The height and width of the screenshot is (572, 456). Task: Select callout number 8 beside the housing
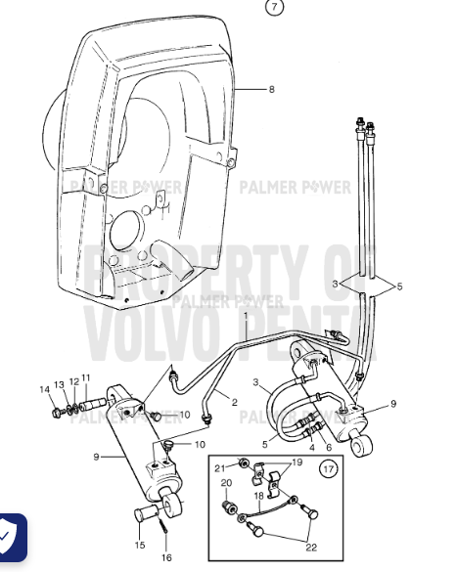271,89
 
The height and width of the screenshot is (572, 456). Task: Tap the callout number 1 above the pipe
245,318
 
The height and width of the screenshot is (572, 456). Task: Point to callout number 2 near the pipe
235,402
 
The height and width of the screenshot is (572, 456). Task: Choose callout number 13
60,383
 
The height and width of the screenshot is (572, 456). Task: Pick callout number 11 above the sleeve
86,378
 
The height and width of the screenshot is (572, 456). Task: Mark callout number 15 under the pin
139,545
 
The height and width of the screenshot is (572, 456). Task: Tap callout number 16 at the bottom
167,557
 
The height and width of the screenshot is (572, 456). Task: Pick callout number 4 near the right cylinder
312,449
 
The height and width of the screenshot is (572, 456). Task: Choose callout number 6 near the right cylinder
328,449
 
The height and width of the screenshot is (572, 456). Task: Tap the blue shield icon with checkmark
12,536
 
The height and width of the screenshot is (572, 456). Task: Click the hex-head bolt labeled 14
57,414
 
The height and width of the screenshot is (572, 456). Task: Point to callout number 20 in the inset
225,483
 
